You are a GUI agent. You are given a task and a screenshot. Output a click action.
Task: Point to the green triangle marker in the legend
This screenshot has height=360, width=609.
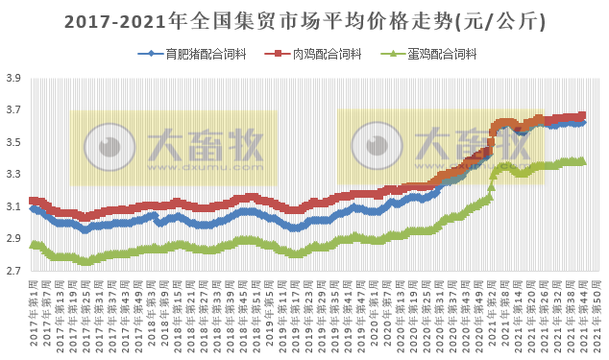click(389, 54)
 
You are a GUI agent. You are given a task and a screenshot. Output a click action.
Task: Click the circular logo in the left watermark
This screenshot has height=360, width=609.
click(105, 146)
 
